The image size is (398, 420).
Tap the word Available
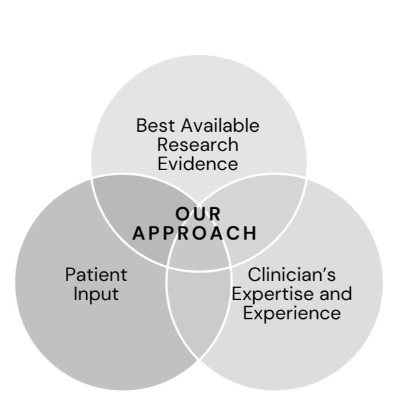[x=220, y=126]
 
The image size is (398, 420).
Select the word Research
[x=198, y=144]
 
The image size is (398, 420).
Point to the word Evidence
[x=198, y=163]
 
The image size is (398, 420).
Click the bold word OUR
[x=199, y=213]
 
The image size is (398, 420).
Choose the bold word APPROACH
[x=195, y=232]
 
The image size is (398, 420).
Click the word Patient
[x=96, y=274]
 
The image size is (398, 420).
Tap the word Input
[x=96, y=294]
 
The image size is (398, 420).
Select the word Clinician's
[x=291, y=274]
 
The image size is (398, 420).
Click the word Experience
[x=291, y=313]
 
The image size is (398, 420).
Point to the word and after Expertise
[x=335, y=294]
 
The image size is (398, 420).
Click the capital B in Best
[x=141, y=126]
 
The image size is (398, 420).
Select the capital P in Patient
[x=70, y=274]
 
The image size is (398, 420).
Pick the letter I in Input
[x=75, y=294]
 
